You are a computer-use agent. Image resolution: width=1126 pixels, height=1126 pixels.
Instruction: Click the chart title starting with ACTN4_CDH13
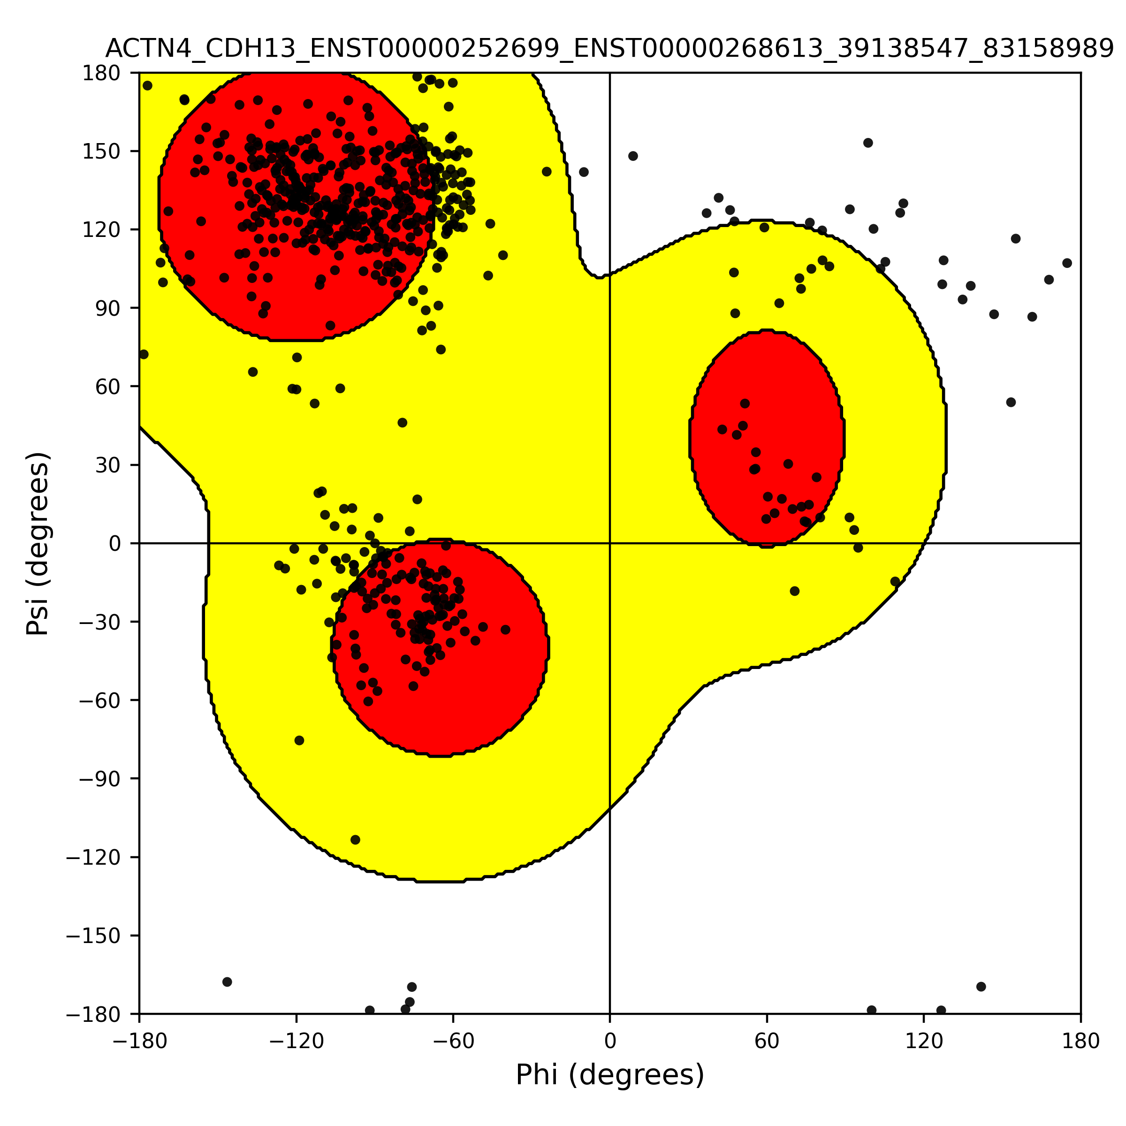pyautogui.click(x=609, y=49)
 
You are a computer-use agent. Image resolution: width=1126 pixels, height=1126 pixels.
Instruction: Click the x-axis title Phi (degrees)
pyautogui.click(x=609, y=1075)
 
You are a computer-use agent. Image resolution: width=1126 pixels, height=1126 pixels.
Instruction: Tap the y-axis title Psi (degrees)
pyautogui.click(x=38, y=543)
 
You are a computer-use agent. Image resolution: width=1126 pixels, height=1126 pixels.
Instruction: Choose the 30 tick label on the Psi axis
pyautogui.click(x=108, y=465)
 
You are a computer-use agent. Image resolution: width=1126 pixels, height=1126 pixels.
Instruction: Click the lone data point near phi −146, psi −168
pyautogui.click(x=227, y=982)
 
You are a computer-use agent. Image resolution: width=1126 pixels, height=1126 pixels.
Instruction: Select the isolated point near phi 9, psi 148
pyautogui.click(x=633, y=156)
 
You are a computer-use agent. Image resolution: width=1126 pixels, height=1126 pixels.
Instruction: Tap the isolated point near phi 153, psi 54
pyautogui.click(x=1011, y=402)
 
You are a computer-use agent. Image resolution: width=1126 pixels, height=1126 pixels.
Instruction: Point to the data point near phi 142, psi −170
pyautogui.click(x=981, y=987)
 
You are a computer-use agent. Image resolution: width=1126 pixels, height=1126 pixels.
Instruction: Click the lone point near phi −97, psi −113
pyautogui.click(x=356, y=840)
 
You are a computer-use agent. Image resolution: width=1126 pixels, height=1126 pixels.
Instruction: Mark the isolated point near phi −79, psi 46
pyautogui.click(x=402, y=423)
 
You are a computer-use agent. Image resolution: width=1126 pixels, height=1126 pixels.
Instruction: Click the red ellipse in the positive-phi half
pyautogui.click(x=767, y=439)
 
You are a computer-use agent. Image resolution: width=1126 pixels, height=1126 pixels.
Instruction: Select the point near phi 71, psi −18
pyautogui.click(x=795, y=591)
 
